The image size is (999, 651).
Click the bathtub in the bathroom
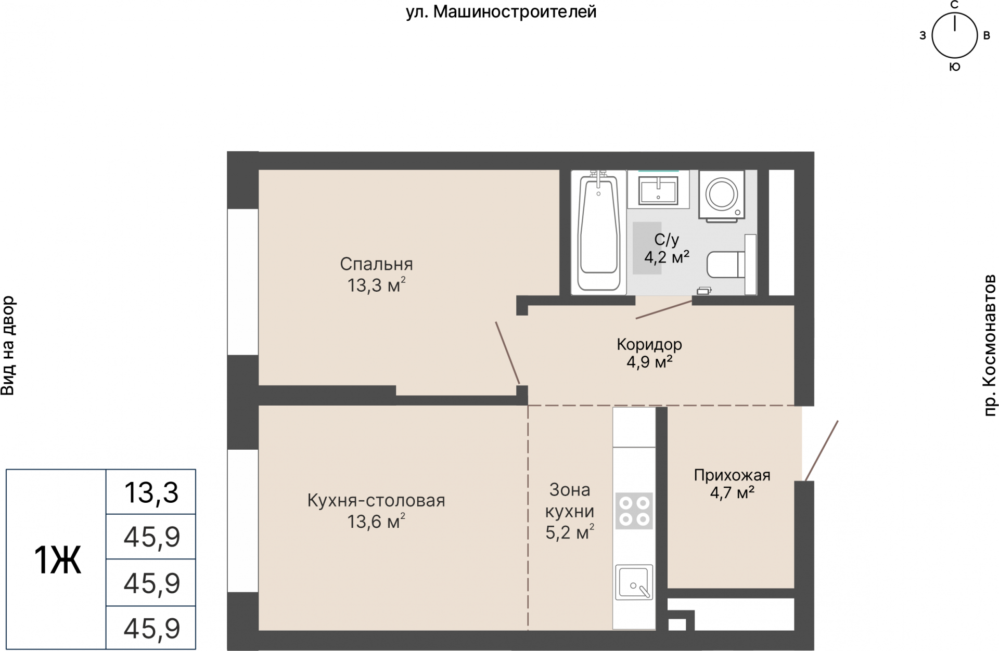coord(599,232)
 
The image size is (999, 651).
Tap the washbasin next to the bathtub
coord(658,190)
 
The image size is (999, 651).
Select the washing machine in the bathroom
coord(721,195)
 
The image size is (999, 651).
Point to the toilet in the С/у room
coord(726,264)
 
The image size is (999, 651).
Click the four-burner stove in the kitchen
coord(634,511)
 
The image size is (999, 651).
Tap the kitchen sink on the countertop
coord(634,581)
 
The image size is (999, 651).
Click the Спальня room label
coord(376,264)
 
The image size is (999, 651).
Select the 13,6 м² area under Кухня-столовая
coord(376,521)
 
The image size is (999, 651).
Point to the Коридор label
coord(649,344)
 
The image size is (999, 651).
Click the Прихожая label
coord(732,475)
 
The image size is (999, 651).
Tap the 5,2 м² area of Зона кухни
coord(570,532)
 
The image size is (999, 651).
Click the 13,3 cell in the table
coord(151,492)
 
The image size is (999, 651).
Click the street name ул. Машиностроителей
coord(501,11)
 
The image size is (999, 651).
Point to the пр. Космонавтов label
coord(989,345)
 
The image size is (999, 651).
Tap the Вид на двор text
coord(8,345)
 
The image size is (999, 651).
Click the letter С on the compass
coord(954,5)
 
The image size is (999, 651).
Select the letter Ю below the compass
coord(954,67)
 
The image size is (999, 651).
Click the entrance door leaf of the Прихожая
coord(822,451)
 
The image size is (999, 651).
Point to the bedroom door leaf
coord(507,353)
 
